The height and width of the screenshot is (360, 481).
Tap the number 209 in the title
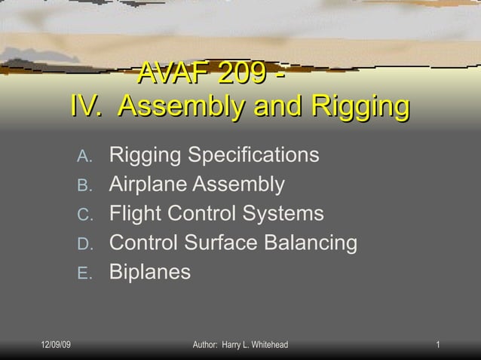241,75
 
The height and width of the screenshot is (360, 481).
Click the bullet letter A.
84,157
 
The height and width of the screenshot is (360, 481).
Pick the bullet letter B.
84,185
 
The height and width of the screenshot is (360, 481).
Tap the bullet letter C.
84,215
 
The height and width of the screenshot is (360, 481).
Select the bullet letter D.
84,244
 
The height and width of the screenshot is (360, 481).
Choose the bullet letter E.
84,273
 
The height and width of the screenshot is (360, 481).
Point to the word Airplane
148,185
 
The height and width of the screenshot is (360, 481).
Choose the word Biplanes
150,272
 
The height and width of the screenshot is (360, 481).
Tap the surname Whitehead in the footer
265,345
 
